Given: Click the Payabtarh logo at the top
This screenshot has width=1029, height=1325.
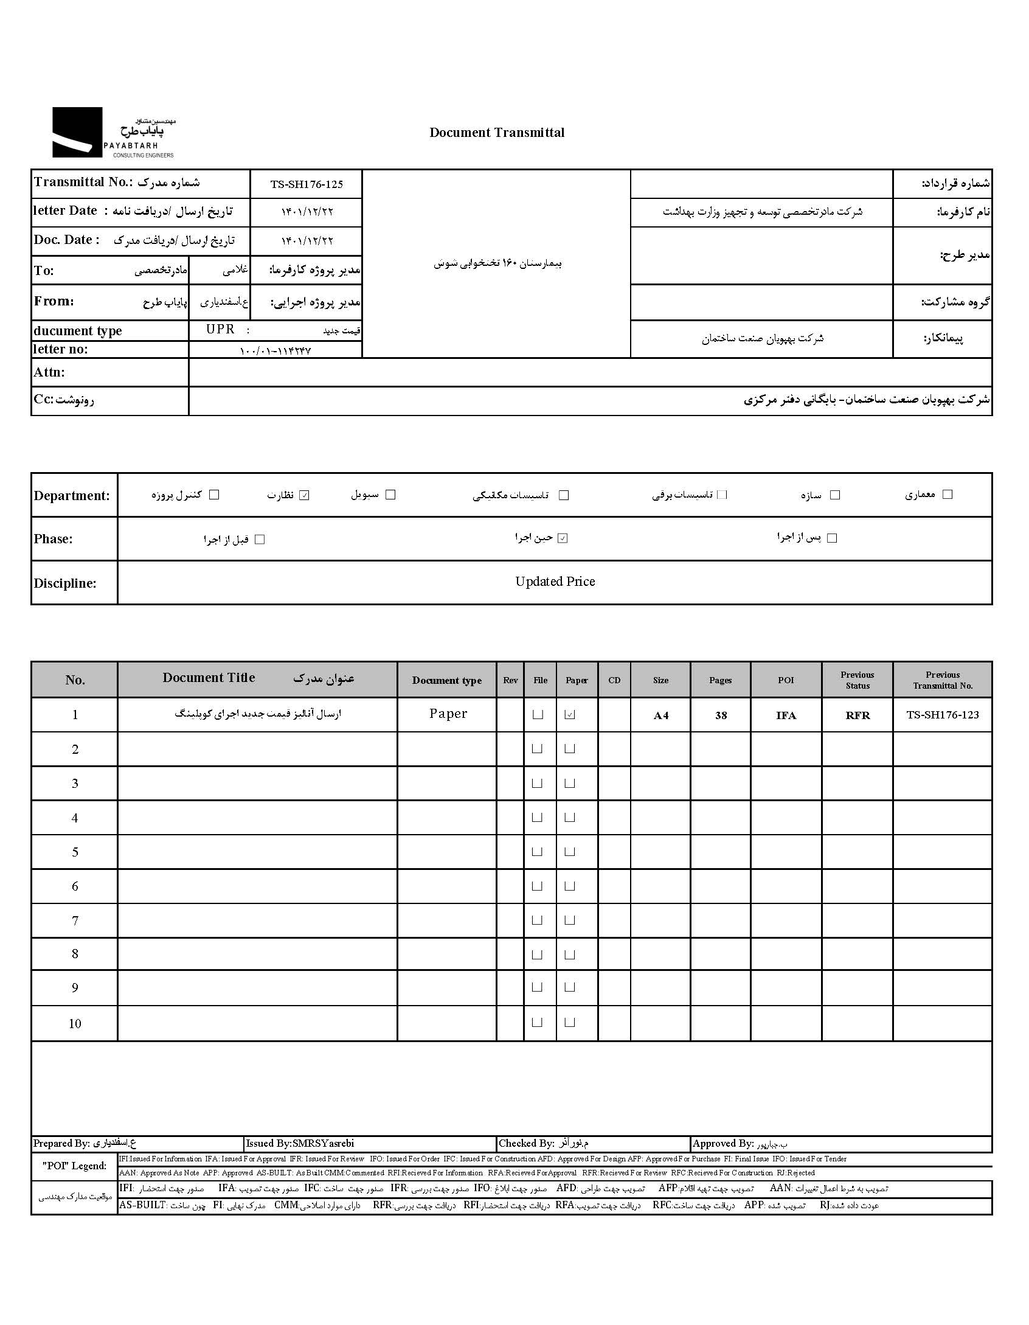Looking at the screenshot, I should [113, 133].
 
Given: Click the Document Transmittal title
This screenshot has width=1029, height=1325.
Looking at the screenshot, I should [496, 133].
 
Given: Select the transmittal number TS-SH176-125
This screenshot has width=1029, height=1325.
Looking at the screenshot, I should [307, 184].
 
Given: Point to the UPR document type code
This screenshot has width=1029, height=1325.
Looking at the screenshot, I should [220, 329].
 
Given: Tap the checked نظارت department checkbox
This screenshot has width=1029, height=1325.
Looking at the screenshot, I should [305, 495].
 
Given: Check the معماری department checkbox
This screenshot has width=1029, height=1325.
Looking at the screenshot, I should [947, 495].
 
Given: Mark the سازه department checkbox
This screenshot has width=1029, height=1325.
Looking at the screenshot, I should [835, 495].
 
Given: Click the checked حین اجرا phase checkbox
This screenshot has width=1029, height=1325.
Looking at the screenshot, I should [563, 538].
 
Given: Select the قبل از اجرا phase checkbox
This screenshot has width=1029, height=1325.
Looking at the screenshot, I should [260, 540].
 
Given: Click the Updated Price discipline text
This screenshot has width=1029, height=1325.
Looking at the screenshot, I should [555, 582].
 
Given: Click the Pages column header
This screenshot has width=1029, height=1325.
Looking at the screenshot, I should [720, 680].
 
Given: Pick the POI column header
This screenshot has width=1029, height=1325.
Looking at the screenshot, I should [786, 680].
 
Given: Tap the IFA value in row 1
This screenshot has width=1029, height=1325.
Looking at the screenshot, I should [786, 715].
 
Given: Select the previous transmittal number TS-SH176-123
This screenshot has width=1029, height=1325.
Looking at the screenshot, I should [942, 715].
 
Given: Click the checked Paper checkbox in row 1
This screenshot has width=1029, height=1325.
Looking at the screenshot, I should [570, 715].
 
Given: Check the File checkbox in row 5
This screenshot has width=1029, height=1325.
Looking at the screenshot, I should [537, 852].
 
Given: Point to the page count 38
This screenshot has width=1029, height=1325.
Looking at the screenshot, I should [721, 715].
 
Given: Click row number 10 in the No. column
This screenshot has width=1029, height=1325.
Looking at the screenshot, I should [75, 1023].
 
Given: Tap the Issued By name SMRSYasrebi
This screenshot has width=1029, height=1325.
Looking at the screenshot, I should [323, 1143].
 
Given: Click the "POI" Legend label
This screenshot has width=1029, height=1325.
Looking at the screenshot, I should [74, 1166].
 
